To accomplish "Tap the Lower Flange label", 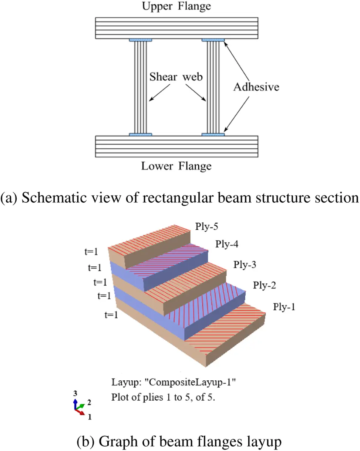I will tap(176, 166).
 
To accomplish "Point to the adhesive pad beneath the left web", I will tap(140, 134).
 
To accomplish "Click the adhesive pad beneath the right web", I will tap(213, 134).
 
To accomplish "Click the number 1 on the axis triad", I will tap(89, 417).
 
